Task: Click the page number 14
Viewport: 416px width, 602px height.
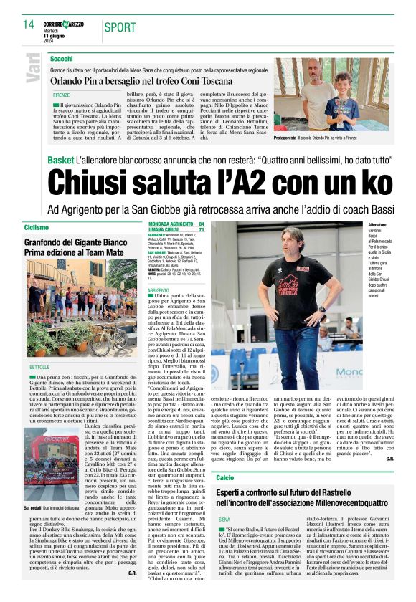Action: pos(29,24)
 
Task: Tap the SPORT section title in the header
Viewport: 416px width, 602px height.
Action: pos(120,27)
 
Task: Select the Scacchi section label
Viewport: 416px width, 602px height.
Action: pos(62,58)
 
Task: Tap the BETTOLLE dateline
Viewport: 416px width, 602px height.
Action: pos(39,367)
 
